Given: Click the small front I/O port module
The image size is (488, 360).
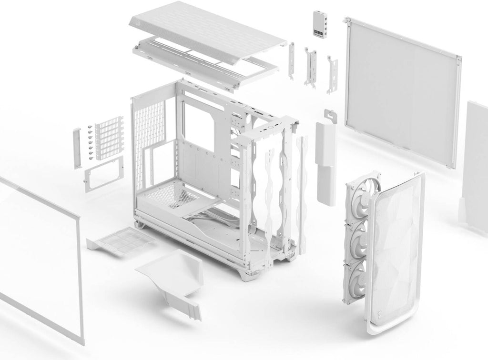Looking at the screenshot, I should (318, 24).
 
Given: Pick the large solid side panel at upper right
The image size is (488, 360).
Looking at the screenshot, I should (403, 90).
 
